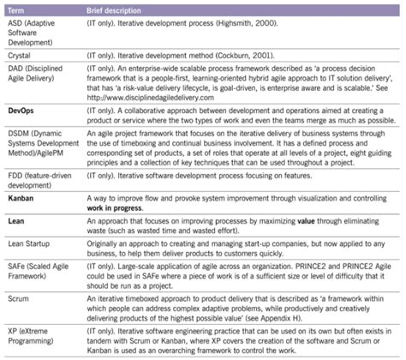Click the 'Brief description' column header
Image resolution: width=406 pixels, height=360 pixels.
click(x=115, y=7)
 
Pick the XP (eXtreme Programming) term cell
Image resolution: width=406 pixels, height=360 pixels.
click(x=30, y=338)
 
